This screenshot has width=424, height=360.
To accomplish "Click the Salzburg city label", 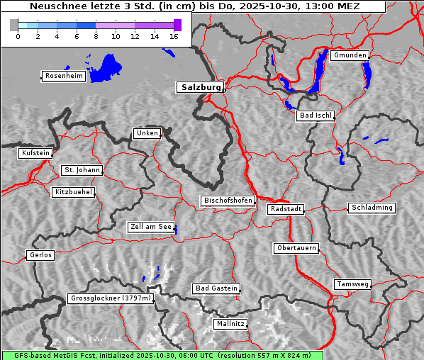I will pyautogui.click(x=200, y=87).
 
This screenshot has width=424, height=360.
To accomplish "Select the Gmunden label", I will pyautogui.click(x=350, y=55).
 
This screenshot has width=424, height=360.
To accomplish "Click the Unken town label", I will pyautogui.click(x=147, y=133).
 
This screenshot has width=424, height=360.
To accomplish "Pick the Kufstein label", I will pyautogui.click(x=35, y=153).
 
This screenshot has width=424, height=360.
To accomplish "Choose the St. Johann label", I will pyautogui.click(x=82, y=170).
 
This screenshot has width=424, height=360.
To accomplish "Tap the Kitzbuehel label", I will pyautogui.click(x=73, y=192).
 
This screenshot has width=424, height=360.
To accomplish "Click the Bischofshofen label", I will pyautogui.click(x=228, y=201).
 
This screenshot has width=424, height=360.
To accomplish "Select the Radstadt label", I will pyautogui.click(x=286, y=209).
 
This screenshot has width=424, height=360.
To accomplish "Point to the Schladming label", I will pyautogui.click(x=371, y=208).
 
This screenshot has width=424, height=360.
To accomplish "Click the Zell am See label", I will pyautogui.click(x=151, y=227).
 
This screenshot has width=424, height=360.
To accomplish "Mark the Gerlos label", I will pyautogui.click(x=40, y=255).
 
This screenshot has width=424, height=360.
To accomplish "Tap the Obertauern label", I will pyautogui.click(x=296, y=248).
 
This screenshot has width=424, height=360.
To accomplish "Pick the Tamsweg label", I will pyautogui.click(x=352, y=284).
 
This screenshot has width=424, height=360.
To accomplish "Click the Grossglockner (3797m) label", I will pyautogui.click(x=111, y=298).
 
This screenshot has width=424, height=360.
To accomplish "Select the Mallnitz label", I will pyautogui.click(x=230, y=324).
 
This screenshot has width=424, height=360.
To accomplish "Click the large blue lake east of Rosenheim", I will pyautogui.click(x=106, y=67).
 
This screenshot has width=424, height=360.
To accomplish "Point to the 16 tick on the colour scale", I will pyautogui.click(x=174, y=36).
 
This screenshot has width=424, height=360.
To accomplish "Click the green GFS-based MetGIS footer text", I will pyautogui.click(x=162, y=355).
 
